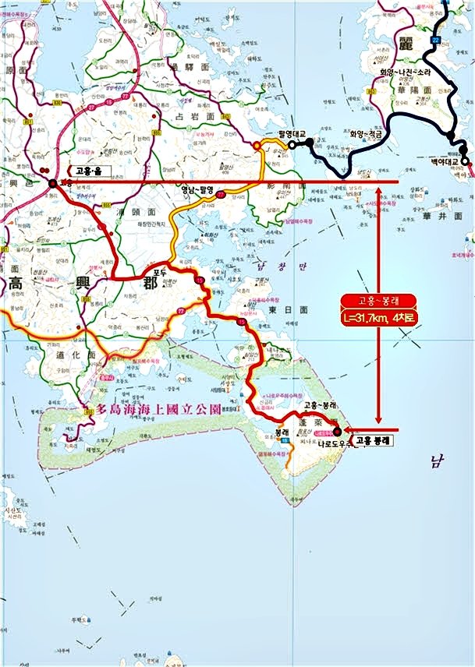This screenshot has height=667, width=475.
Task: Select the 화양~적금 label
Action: pos(365,133)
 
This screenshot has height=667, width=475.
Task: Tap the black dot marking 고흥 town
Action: pos(52,183)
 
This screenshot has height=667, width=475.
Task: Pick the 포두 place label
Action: pos(161,272)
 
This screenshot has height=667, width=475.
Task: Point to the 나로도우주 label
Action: pos(337,443)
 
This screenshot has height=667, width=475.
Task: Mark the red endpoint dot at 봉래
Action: pos(336,431)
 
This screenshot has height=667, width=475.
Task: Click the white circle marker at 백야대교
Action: pos(465,161)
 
